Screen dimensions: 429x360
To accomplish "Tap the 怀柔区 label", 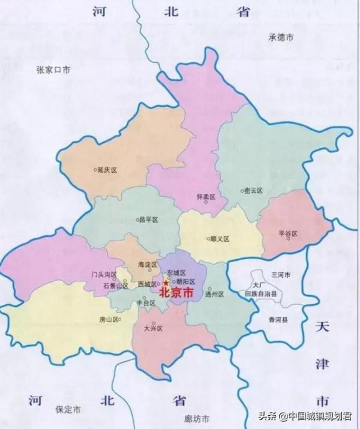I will coord(205,197).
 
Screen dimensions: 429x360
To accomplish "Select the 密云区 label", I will coord(253,190).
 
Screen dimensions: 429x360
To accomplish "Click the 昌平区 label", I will coord(147,220).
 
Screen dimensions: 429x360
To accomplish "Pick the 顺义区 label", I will coord(220,239).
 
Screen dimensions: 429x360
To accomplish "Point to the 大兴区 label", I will coord(154,329).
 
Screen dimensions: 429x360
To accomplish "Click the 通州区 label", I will coord(214,295).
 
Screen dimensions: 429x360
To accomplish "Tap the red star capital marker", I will coord(166,283).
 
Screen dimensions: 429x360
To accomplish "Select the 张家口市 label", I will coord(53,70).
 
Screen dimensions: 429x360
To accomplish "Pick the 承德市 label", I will coord(280,37).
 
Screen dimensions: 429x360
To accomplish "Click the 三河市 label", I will coord(280,275).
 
